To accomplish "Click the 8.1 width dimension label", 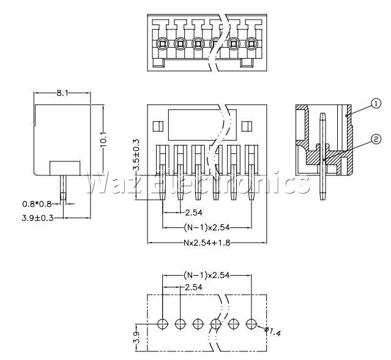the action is [x=62, y=93].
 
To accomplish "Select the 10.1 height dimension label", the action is [x=103, y=140].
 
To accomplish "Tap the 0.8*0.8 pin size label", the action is [x=37, y=204].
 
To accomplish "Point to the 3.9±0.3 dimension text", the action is [x=38, y=218].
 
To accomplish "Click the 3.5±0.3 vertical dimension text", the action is [x=136, y=155].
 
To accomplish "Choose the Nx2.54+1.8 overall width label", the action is [x=207, y=243].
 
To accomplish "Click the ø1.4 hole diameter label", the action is [x=273, y=331].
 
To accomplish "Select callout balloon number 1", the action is [x=376, y=103].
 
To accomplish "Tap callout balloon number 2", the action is [x=376, y=139].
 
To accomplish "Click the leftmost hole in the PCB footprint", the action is [x=163, y=324].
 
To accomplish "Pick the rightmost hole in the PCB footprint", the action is [x=251, y=324].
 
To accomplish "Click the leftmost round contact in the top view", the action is [x=162, y=44].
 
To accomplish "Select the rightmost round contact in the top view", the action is [x=251, y=44].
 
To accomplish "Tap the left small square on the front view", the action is [x=158, y=127].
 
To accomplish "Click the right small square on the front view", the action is [x=247, y=127].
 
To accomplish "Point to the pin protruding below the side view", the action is [x=64, y=188].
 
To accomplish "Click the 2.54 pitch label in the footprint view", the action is [x=193, y=287].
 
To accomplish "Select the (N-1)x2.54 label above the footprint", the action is [x=207, y=275].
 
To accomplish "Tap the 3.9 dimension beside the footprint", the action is [x=136, y=337].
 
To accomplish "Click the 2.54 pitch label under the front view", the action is [x=193, y=213].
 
